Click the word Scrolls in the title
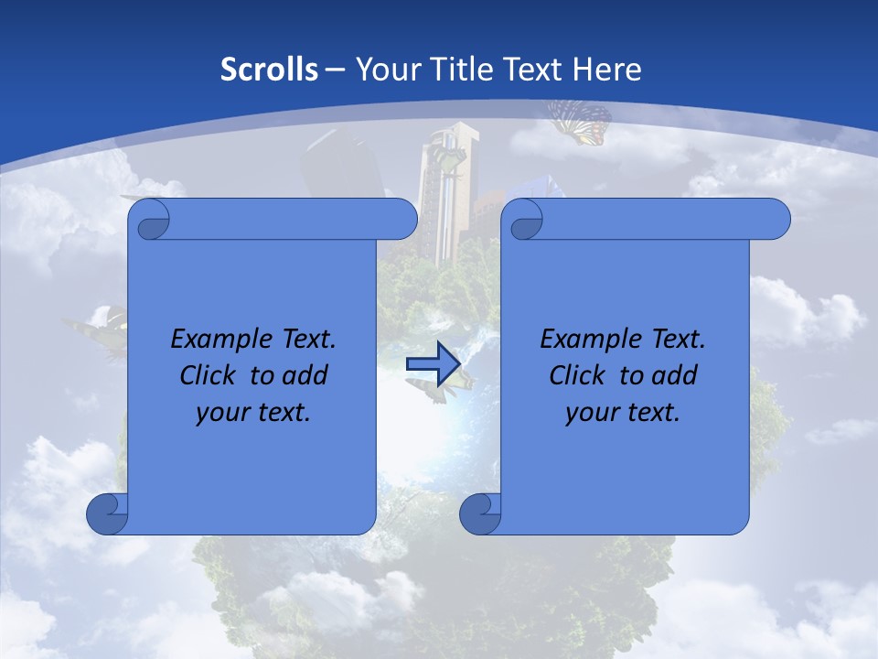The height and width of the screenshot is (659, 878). click(x=270, y=69)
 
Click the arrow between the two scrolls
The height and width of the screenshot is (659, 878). click(x=433, y=363)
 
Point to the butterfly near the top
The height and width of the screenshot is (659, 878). click(x=579, y=122)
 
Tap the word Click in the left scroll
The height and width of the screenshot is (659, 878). click(x=207, y=375)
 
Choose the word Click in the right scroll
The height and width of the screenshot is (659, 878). click(x=576, y=375)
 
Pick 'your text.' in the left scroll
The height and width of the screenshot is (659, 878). click(x=253, y=412)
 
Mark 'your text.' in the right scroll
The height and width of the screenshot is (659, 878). click(x=623, y=412)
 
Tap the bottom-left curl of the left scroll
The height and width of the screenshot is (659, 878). click(x=107, y=513)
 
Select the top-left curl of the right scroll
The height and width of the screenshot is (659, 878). click(x=522, y=221)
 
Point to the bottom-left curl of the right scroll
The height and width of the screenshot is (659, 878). click(x=480, y=513)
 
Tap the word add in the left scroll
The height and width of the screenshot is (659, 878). click(x=305, y=375)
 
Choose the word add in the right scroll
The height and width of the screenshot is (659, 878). click(x=675, y=375)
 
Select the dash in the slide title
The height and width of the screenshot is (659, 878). click(x=335, y=69)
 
